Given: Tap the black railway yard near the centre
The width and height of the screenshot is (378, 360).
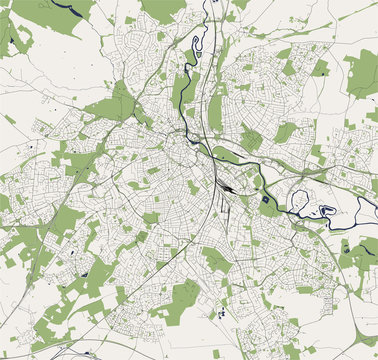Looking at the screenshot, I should coord(230,186).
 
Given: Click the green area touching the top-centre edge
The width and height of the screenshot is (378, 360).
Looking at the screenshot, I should coord(165,8).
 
